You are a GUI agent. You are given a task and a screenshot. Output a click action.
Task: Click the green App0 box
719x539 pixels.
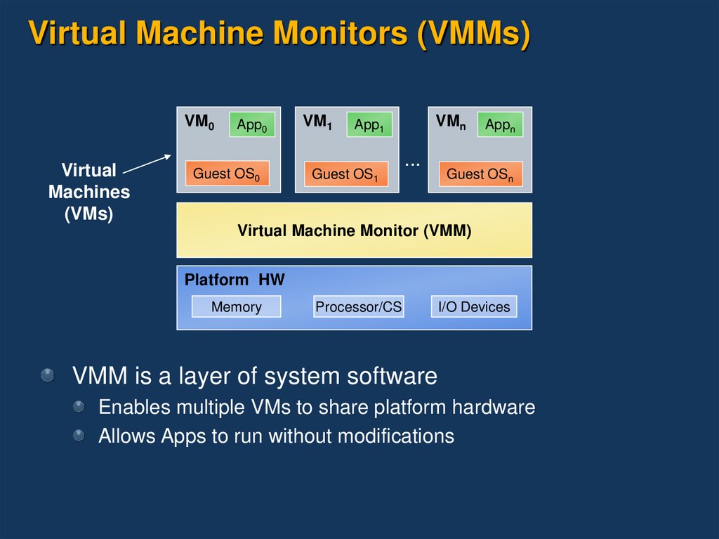pos(251,125)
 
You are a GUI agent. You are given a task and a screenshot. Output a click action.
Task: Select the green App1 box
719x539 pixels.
pos(369,125)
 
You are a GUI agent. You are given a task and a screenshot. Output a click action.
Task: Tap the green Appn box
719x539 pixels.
pos(501,125)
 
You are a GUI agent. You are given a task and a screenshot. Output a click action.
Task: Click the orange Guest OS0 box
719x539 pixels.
pos(227,174)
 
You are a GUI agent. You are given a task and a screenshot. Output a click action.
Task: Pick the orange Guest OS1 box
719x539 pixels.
pos(345,174)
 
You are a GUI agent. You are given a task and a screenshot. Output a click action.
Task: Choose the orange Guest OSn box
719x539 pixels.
pos(480,174)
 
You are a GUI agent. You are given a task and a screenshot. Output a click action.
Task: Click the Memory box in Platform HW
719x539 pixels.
pos(236,307)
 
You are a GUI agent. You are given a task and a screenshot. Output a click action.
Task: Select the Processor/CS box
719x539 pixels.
pos(358,307)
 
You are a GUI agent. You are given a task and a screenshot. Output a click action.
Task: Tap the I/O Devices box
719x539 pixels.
pos(474,307)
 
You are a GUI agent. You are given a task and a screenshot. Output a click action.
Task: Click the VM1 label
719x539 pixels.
pos(317,122)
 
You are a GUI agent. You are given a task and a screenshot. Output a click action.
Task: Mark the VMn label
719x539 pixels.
pos(449,122)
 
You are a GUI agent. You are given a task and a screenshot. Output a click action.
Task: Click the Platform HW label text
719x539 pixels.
pos(235,280)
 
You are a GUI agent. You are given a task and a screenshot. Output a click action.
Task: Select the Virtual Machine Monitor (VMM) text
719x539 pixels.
pos(354,230)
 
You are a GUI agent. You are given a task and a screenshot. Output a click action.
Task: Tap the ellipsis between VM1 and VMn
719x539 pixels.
pos(412,163)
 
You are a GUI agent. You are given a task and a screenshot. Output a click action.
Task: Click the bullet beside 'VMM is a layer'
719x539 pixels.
pos(48,375)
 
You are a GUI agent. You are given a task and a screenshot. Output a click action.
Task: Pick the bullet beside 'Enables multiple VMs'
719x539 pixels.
pos(79,406)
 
